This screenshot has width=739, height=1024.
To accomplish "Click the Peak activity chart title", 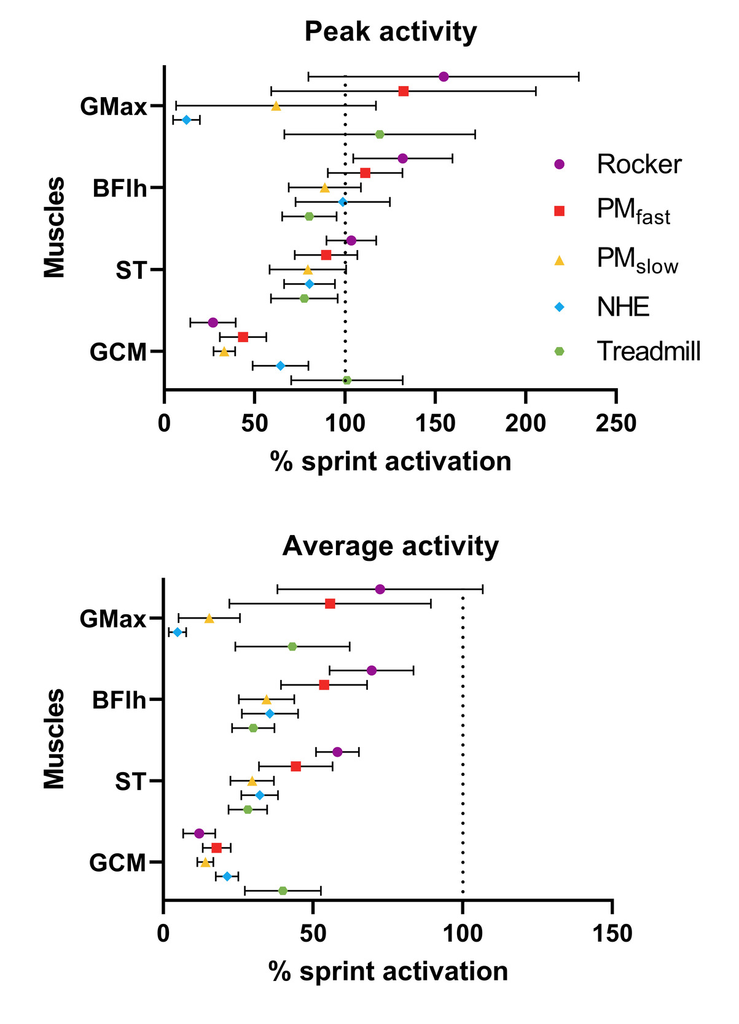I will click(x=390, y=31).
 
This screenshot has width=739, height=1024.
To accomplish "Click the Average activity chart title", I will click(x=390, y=546).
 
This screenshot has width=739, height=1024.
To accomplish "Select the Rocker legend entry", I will click(x=638, y=165).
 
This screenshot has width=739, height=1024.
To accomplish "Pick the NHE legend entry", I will click(x=622, y=306).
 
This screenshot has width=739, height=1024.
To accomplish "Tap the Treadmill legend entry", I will click(x=648, y=351).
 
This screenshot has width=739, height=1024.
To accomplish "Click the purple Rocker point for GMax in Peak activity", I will click(x=444, y=77).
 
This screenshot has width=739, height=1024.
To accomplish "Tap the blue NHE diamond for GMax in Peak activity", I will click(x=187, y=120).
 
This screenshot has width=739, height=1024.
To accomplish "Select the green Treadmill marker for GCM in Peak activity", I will click(x=346, y=380).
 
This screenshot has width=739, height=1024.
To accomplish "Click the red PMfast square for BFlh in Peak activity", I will click(x=365, y=173).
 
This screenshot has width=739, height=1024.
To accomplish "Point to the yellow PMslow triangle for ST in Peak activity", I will click(x=308, y=270).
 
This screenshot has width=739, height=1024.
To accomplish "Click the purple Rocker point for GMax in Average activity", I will click(x=380, y=590).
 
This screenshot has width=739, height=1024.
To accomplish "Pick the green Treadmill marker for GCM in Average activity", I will click(x=283, y=891).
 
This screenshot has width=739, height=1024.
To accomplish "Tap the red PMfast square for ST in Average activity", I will click(x=296, y=766).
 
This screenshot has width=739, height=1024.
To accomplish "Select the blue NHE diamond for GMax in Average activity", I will click(x=178, y=632).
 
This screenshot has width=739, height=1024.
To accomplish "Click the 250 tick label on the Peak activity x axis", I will click(x=616, y=424).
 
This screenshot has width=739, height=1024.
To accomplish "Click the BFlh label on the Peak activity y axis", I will click(x=120, y=188).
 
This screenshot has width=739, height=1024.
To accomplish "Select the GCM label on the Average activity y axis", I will click(x=117, y=863).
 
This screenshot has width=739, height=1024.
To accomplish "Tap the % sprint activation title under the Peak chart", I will click(x=390, y=461).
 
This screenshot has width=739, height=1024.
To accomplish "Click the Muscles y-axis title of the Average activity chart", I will click(x=54, y=738).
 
